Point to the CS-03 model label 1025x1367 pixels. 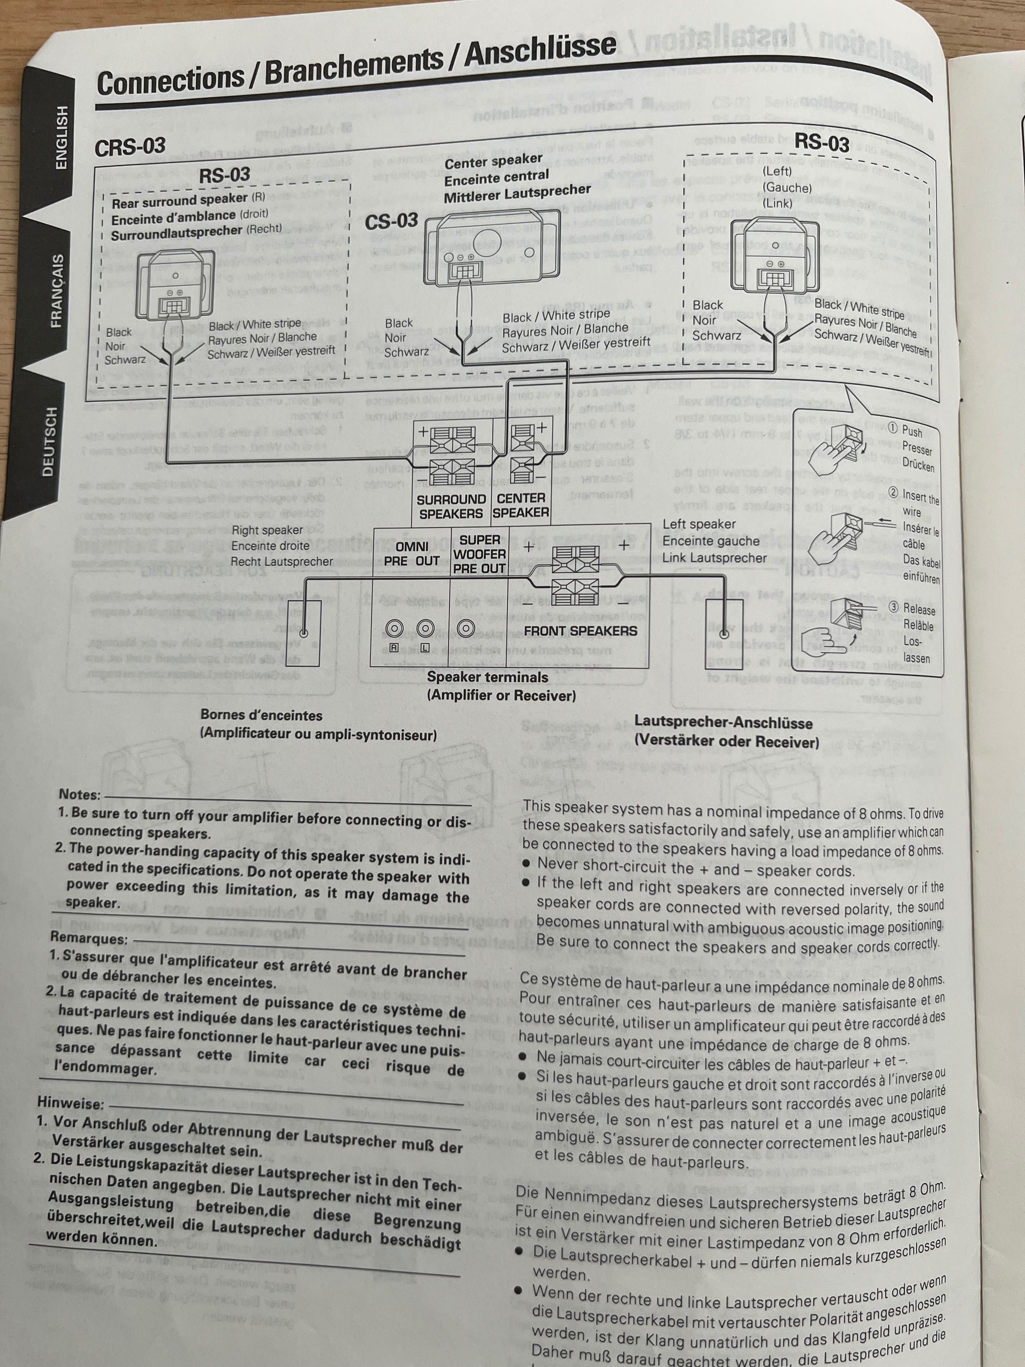(391, 221)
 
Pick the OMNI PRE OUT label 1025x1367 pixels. (411, 554)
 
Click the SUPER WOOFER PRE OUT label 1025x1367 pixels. (479, 554)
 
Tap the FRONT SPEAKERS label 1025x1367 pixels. (580, 631)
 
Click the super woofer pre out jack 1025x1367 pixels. (466, 629)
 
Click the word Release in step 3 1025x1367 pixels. (919, 609)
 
